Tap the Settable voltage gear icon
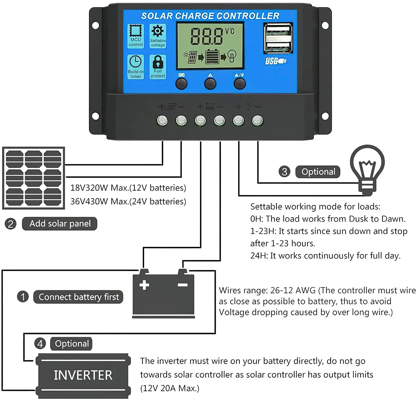point(158,32)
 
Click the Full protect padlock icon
point(158,61)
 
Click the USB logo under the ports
point(275,61)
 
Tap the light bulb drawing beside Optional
point(367,169)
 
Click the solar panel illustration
point(33,178)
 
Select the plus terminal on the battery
point(144,284)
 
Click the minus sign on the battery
point(183,285)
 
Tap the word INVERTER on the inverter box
point(83,375)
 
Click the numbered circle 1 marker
point(23,297)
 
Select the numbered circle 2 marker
point(11,224)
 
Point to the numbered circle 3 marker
point(284,172)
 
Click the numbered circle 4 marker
point(40,344)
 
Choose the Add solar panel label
point(60,224)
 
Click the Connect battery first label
point(78,297)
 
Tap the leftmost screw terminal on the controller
point(162,121)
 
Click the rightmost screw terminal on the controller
point(257,121)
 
